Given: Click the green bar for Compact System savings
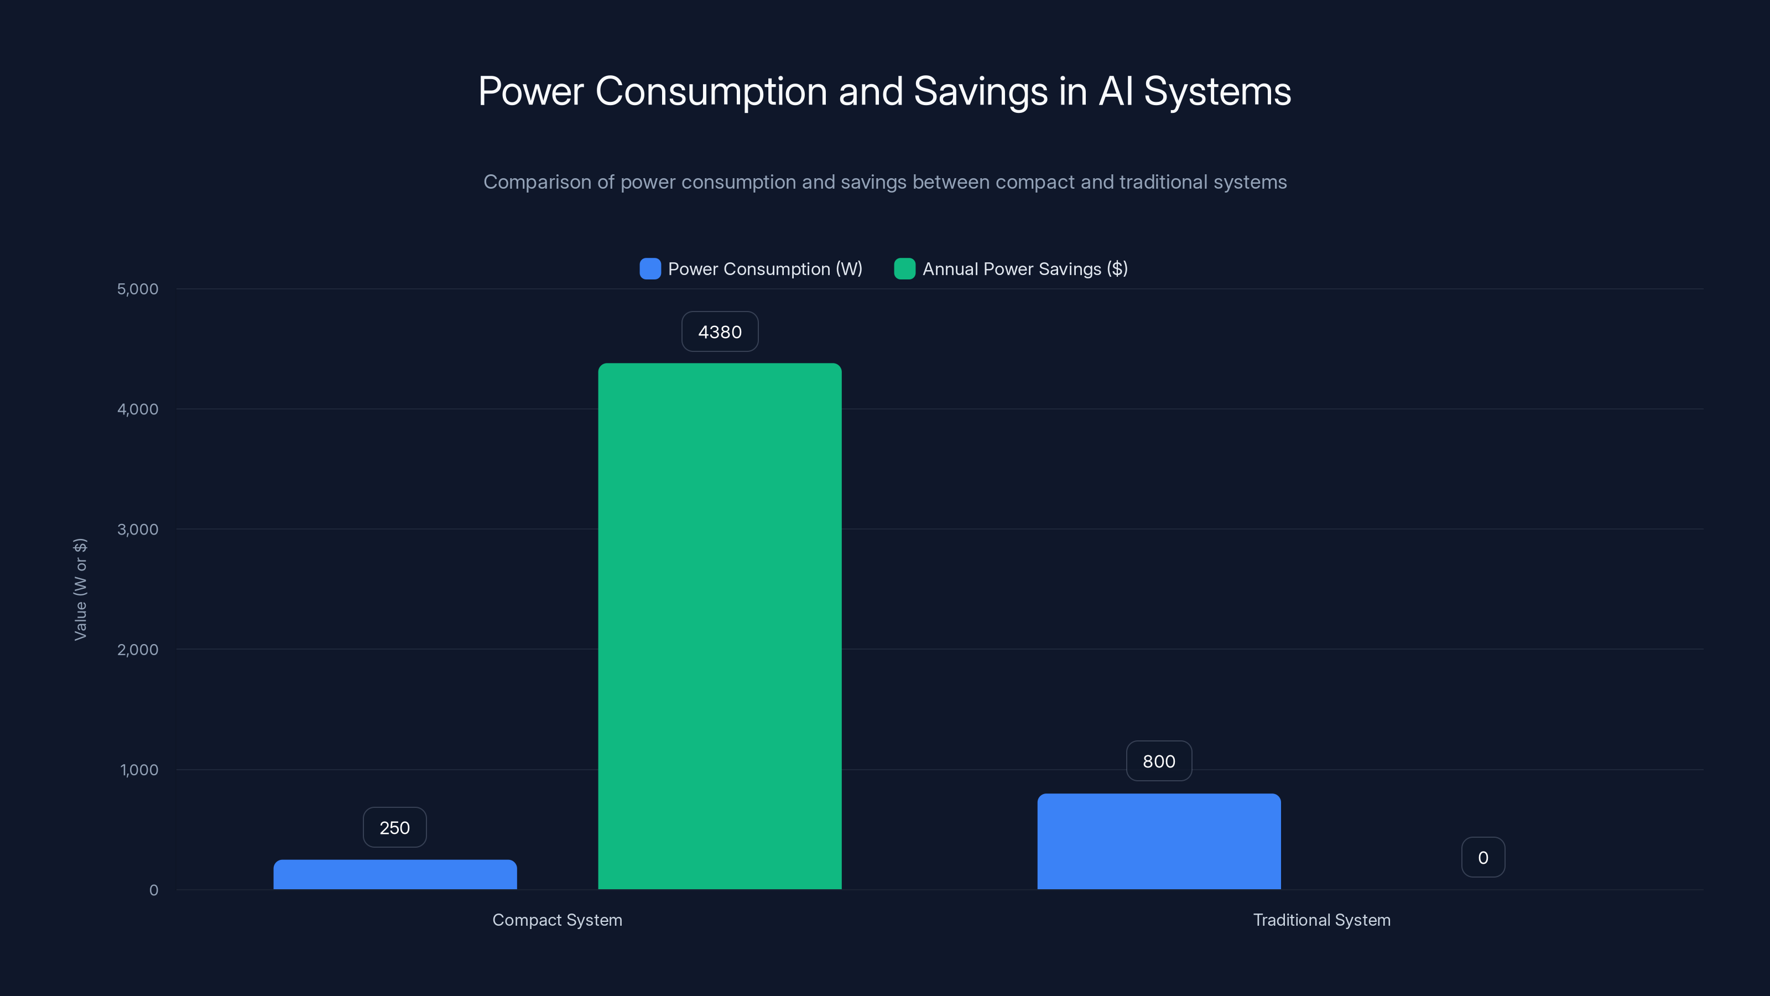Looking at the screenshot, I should pos(720,625).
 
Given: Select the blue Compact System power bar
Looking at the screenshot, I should pos(395,874).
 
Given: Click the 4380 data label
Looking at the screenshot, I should pos(720,332).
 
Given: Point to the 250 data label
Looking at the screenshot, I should pos(394,828).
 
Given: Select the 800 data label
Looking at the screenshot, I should pos(1158,761).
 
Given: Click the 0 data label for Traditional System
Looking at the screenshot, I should pos(1483,857).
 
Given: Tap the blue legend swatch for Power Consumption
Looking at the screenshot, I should pos(650,269).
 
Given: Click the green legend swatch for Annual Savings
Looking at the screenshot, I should pos(904,269).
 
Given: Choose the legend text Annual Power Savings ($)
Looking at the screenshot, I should pos(1024,269).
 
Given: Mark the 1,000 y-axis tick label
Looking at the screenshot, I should pos(139,770).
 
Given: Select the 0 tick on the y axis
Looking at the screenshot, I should pos(154,890).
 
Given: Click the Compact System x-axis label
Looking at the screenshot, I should pos(557,920).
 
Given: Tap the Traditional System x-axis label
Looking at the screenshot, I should pos(1321,920).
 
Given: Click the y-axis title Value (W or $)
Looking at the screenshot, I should pos(80,589).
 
